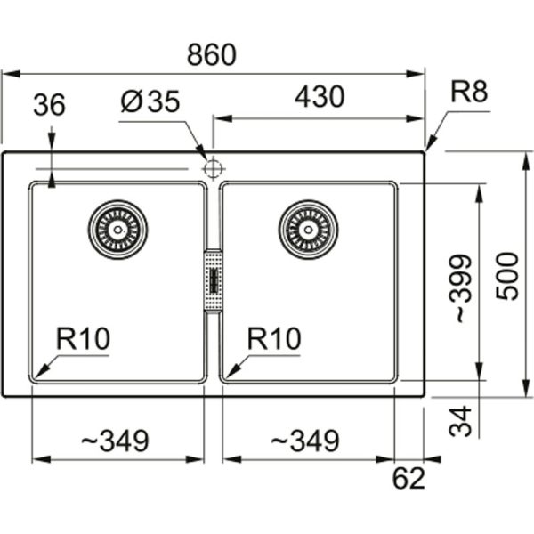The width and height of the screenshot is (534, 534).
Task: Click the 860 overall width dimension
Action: coord(212,55)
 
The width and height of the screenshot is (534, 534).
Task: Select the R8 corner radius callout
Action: coord(469,92)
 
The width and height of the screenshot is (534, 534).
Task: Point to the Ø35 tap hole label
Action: coord(149,102)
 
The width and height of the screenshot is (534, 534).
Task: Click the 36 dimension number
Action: coord(49,105)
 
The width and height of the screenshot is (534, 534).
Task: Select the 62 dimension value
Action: coord(409,479)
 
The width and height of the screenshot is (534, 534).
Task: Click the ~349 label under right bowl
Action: coord(304,440)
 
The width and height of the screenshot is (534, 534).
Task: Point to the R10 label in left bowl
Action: coord(81,338)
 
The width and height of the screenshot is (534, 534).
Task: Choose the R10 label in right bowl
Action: coord(274,338)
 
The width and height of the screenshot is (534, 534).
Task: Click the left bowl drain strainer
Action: coord(117,229)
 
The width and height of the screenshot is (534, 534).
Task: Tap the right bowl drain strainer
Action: coord(309,229)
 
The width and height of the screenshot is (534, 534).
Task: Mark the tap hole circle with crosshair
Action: coord(213,167)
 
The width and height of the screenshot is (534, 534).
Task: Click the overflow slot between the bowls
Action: coord(213,280)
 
